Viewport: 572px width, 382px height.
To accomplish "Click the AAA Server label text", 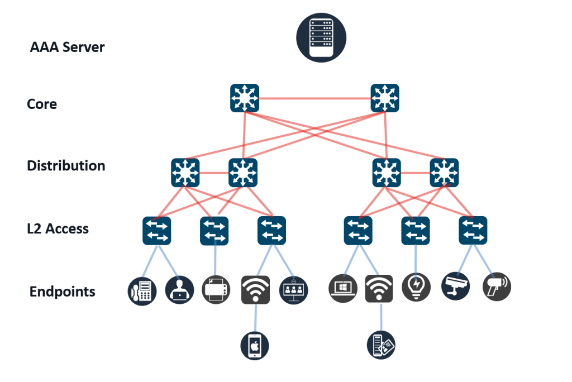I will [x=67, y=47].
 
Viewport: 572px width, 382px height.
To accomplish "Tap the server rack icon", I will [x=321, y=37].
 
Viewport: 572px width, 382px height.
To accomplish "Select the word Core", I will [x=42, y=104].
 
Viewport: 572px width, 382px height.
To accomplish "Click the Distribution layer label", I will [x=66, y=166].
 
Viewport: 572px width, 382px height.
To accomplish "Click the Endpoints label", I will [x=62, y=292].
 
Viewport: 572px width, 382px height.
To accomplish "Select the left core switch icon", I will [x=244, y=98].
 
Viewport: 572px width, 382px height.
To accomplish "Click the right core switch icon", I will [x=385, y=98].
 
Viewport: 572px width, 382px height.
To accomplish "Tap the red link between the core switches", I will [x=314, y=99].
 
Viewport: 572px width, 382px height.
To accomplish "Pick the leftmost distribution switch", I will [x=185, y=173].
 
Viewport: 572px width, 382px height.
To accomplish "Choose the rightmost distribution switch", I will [x=444, y=173].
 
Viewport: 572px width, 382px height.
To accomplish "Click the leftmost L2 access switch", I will [x=157, y=230].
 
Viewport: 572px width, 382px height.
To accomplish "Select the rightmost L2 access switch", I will [x=473, y=230].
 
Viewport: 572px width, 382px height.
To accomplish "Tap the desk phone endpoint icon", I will [x=142, y=290].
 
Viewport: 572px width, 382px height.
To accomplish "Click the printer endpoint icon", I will [x=216, y=289].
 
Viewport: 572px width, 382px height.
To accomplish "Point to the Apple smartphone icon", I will [x=255, y=346].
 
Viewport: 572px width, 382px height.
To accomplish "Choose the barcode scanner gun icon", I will [x=497, y=286].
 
